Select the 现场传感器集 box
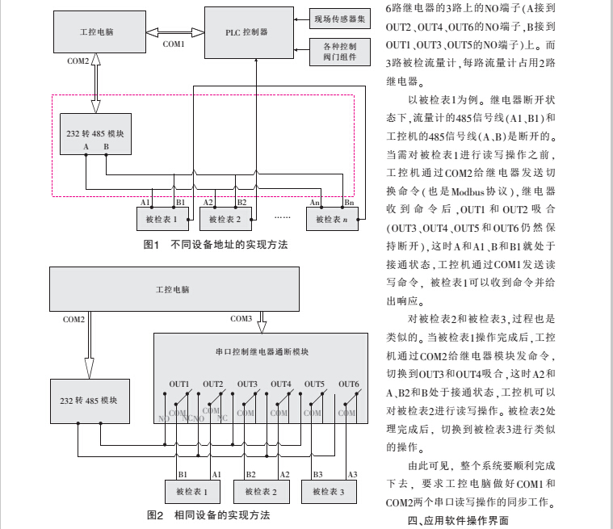(339, 17)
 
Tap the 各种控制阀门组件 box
(339, 52)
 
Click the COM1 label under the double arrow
(174, 44)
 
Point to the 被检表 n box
(332, 219)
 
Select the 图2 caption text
(208, 514)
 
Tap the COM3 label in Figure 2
(241, 319)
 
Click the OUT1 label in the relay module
(178, 384)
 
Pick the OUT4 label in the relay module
(280, 384)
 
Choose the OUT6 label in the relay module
(348, 384)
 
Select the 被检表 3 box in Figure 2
(329, 491)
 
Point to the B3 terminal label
(317, 473)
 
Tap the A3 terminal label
(351, 473)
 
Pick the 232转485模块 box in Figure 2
(90, 401)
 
